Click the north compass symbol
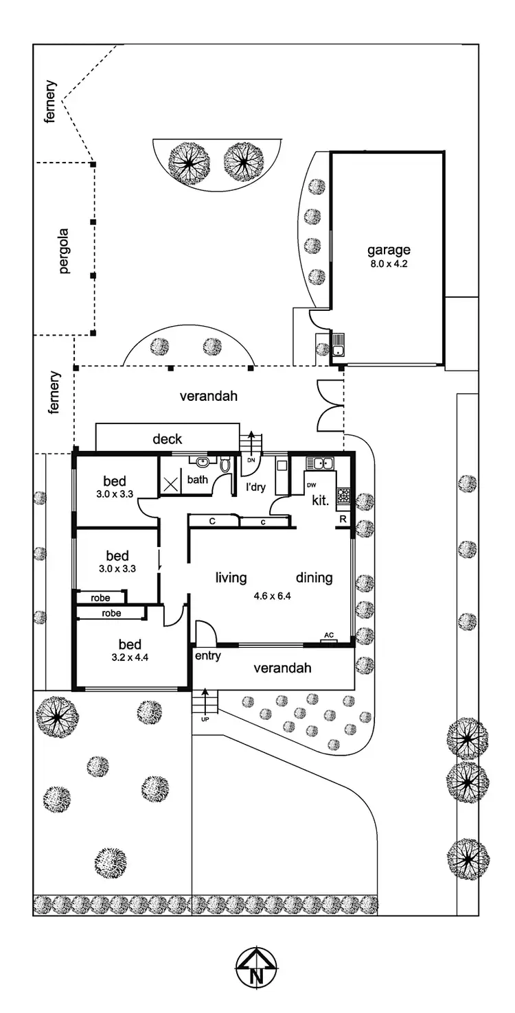click(257, 968)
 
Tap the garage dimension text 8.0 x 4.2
click(387, 261)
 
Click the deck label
click(167, 439)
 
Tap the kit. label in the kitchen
click(320, 500)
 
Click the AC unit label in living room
click(328, 636)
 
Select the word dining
click(314, 578)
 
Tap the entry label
click(207, 656)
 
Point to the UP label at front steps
click(205, 719)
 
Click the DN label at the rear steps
click(251, 460)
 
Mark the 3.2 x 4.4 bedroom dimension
click(130, 657)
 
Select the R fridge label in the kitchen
click(342, 520)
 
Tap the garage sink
click(337, 350)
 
